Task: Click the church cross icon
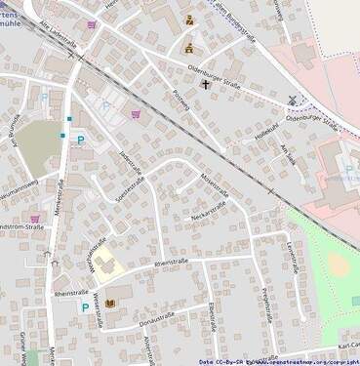click(x=206, y=84)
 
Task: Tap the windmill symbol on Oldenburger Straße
click(x=293, y=100)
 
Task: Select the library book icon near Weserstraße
click(x=110, y=303)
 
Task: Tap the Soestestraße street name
click(x=129, y=185)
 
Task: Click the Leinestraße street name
click(x=292, y=258)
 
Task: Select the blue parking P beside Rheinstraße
click(x=84, y=306)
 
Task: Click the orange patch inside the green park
click(x=338, y=264)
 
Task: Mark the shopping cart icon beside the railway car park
click(x=136, y=112)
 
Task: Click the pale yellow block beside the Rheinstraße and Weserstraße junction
click(x=103, y=261)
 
